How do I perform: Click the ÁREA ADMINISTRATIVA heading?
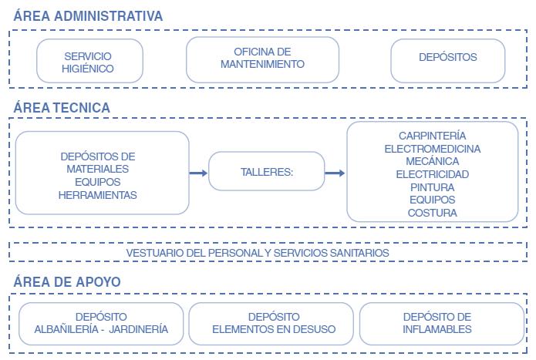[x=88, y=15]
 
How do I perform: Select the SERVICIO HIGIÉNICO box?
[x=89, y=62]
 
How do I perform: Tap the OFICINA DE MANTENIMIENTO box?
[x=262, y=59]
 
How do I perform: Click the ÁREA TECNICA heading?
[x=62, y=108]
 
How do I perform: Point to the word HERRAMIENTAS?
[x=97, y=195]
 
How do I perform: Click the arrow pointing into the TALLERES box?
[x=198, y=173]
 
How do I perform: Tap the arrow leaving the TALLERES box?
[x=335, y=173]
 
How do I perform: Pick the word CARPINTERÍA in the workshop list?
[x=432, y=136]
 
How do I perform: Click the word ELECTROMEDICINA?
[x=432, y=148]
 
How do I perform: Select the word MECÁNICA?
[x=432, y=161]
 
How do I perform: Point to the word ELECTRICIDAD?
[x=432, y=174]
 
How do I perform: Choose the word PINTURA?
[x=432, y=187]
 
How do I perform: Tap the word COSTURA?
[x=432, y=213]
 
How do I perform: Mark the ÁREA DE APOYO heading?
[x=67, y=282]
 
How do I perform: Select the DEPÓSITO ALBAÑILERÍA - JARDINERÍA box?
[x=101, y=323]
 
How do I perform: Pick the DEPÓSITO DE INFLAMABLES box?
[x=437, y=323]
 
